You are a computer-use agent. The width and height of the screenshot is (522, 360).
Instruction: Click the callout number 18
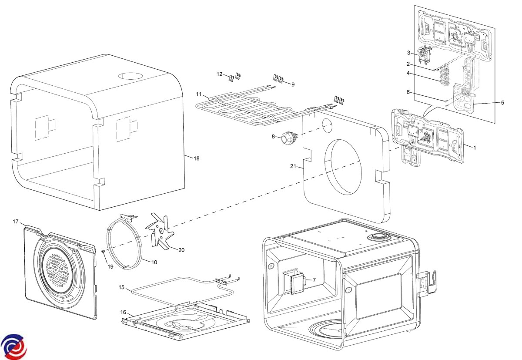click(x=197, y=158)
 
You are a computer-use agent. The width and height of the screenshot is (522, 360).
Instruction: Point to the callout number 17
click(x=16, y=222)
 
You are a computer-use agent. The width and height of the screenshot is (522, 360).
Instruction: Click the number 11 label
click(x=198, y=94)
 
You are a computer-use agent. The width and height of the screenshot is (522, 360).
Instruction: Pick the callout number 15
click(x=122, y=287)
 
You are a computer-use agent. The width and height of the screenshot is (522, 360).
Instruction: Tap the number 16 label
click(x=124, y=312)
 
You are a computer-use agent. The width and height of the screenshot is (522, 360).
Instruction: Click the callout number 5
click(x=502, y=103)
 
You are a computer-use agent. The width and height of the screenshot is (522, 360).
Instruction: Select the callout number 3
click(x=409, y=53)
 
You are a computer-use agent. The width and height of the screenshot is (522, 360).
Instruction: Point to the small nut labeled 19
click(x=103, y=251)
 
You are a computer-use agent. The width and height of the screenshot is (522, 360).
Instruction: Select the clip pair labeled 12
click(x=234, y=77)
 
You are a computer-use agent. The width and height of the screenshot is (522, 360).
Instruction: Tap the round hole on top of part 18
click(x=130, y=75)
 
